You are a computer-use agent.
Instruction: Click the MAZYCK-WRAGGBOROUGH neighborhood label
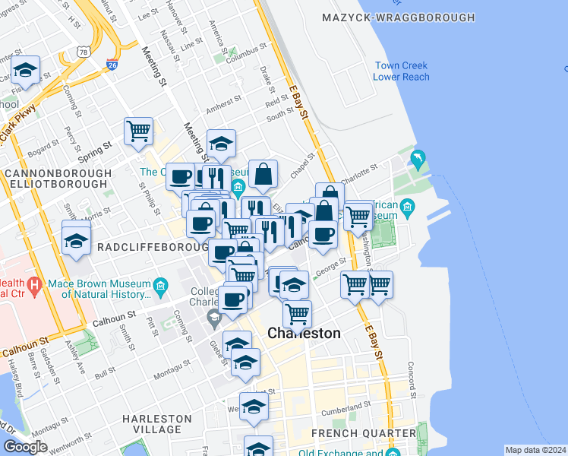click(x=398, y=17)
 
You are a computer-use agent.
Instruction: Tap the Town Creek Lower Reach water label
click(x=402, y=71)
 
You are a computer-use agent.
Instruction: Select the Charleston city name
click(x=304, y=334)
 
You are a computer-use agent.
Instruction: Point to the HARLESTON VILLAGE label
click(x=157, y=424)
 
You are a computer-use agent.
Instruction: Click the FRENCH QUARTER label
click(x=364, y=433)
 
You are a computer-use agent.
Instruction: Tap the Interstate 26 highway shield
click(x=112, y=65)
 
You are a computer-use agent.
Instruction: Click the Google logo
click(x=24, y=447)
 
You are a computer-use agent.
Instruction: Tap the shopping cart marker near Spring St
click(x=138, y=131)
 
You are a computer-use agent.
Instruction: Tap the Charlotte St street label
click(x=360, y=170)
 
